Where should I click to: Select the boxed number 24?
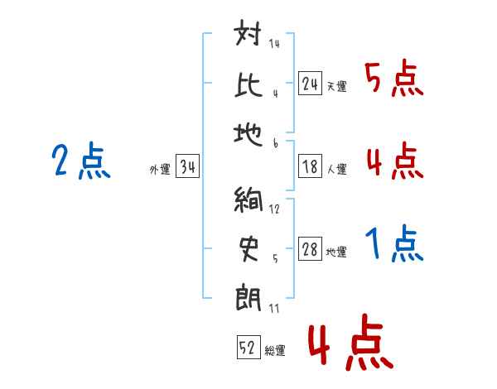(x=310, y=84)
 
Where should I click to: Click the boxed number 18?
(x=310, y=167)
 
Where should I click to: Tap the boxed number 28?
(x=310, y=250)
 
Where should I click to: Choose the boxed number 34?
(x=188, y=167)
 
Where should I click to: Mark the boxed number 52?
(x=248, y=348)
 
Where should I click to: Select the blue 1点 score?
(x=393, y=245)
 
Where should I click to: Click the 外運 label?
(x=159, y=170)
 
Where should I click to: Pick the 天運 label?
(x=336, y=86)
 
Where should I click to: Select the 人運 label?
(x=336, y=170)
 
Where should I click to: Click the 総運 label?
(x=275, y=351)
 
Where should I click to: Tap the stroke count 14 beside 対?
(x=274, y=44)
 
